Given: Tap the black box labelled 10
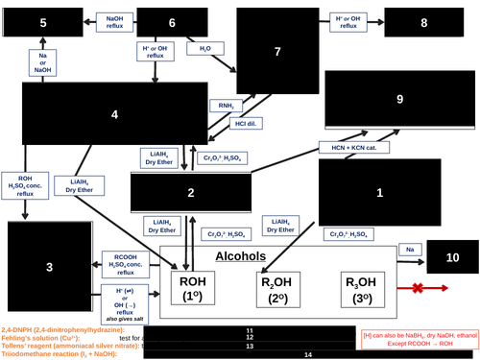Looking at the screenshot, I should click(451, 257).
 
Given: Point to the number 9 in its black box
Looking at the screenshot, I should click(400, 99).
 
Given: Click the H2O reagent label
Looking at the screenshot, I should click(204, 47).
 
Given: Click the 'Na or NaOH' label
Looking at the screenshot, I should click(42, 63).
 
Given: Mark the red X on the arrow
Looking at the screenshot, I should click(416, 289).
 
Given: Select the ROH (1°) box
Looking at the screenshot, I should click(194, 288).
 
